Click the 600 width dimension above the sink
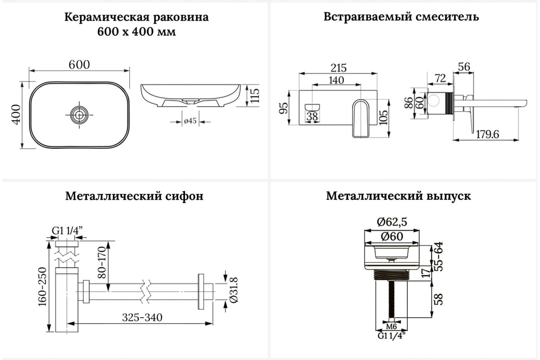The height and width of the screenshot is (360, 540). tap(79, 65)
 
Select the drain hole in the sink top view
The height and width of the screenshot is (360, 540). tap(79, 115)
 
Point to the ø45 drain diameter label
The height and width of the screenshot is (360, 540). tap(190, 121)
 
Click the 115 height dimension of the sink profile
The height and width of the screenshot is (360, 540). tap(255, 95)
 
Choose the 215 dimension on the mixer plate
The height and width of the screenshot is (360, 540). tap(338, 68)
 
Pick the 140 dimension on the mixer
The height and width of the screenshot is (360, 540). tap(336, 80)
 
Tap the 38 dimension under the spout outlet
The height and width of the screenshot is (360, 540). tap(312, 117)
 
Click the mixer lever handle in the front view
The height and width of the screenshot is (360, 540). tap(361, 118)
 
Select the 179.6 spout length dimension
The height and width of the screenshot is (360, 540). tap(487, 134)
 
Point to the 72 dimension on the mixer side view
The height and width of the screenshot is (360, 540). tap(440, 78)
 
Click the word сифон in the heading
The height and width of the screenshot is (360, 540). tap(184, 196)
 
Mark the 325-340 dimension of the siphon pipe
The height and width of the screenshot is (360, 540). tap(142, 317)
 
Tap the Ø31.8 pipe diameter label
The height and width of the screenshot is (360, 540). tap(234, 290)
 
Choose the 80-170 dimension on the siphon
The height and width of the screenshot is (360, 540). tap(102, 262)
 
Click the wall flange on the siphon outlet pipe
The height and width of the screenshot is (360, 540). tap(201, 292)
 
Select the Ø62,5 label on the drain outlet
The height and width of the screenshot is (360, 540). tap(392, 222)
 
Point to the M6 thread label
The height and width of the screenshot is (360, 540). tap(391, 327)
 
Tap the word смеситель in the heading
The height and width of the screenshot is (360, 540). tap(447, 17)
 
